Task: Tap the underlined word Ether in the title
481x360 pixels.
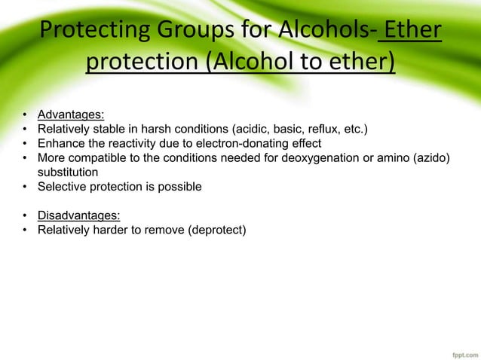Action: coord(412,33)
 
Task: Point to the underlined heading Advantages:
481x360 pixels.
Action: coord(71,115)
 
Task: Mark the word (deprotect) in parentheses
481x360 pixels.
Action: coord(214,228)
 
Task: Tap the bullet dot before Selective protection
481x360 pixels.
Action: coord(25,186)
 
